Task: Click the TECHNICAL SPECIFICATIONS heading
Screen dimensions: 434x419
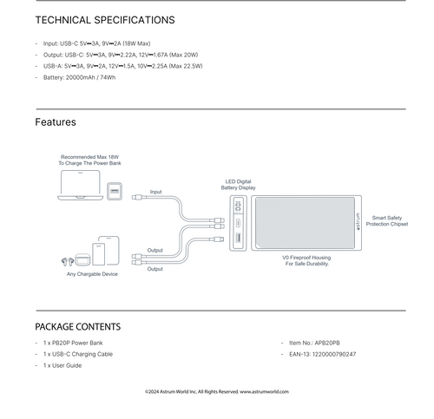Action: (x=105, y=20)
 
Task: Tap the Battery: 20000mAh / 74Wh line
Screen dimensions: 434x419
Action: (x=79, y=77)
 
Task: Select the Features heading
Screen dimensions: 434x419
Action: (x=56, y=122)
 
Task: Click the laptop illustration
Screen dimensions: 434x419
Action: (x=81, y=185)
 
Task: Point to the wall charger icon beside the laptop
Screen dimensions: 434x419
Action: (x=115, y=191)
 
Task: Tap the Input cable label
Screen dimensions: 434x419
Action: (x=155, y=192)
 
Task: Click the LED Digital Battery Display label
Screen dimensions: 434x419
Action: (x=238, y=185)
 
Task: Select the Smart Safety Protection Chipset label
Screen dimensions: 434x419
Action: (x=387, y=220)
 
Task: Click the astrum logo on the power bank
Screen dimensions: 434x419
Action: (x=358, y=221)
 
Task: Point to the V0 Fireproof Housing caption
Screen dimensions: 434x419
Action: (x=306, y=260)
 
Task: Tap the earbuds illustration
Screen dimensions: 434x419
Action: (x=68, y=262)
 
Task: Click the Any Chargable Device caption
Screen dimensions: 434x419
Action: (x=92, y=274)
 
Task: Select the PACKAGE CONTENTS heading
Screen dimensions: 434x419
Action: (x=78, y=327)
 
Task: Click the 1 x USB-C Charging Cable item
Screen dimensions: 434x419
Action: (x=78, y=354)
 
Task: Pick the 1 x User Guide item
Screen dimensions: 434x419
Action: (x=62, y=365)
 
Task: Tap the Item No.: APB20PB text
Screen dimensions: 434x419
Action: (x=314, y=343)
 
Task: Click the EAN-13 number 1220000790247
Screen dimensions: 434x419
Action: (x=334, y=354)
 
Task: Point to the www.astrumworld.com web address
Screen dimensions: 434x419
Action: (x=264, y=391)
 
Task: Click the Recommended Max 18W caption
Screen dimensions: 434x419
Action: (x=89, y=160)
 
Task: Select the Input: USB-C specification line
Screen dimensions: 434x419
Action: (x=96, y=43)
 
